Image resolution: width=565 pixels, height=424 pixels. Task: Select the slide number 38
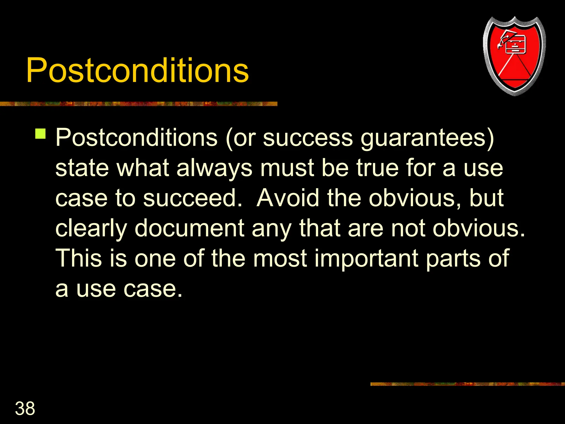25,408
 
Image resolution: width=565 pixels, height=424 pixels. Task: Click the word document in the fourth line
190,228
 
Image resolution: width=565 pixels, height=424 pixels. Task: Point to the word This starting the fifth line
79,258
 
